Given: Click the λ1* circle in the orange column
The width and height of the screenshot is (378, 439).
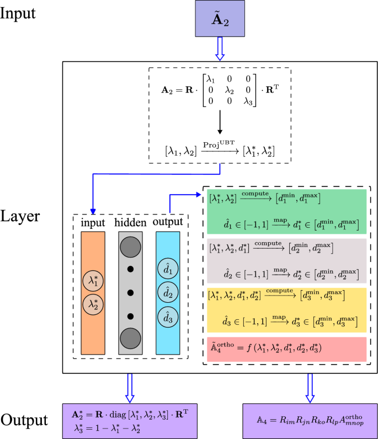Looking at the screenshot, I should (92, 281).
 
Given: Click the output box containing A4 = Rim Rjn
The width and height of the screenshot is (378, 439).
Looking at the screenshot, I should (310, 420).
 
